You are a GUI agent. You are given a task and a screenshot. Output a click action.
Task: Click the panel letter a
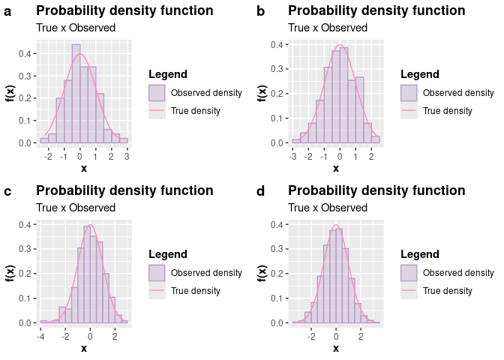coord(7,11)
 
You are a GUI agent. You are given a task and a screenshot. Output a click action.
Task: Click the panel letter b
coord(260,11)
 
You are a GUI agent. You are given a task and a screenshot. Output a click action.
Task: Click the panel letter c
coord(7,191)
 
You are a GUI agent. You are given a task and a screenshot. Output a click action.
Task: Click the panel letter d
coord(260,191)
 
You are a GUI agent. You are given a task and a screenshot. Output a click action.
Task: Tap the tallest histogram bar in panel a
coord(76,94)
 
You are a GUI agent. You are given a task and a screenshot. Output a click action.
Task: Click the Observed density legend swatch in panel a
coord(157,93)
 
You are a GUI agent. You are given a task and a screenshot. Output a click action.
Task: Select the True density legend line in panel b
coord(409,111)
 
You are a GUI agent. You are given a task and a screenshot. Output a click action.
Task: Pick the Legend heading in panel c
coord(168,255)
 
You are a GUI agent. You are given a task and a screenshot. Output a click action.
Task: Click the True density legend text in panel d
coord(448,291)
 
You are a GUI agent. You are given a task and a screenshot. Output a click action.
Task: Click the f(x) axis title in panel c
coord(10,274)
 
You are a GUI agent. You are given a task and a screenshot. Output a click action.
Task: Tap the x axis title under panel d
coord(336,348)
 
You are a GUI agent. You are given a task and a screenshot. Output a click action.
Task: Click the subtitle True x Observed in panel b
coord(328,28)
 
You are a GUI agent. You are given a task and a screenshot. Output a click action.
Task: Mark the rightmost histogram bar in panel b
coord(376,139)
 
